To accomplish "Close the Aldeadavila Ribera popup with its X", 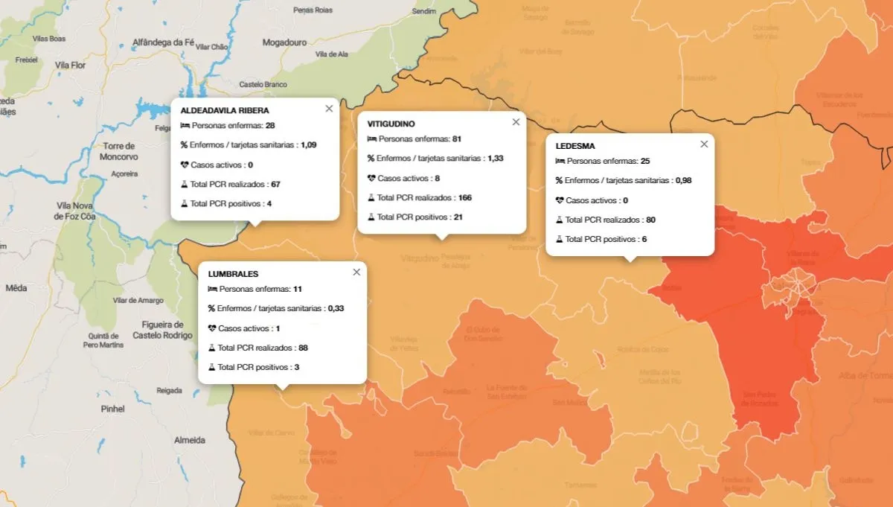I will (329, 109).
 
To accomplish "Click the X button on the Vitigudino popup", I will (516, 122).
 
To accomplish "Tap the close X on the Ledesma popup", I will (704, 144).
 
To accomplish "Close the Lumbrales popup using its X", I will (356, 272).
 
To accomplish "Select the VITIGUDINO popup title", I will (391, 124).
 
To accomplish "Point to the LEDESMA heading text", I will (575, 146).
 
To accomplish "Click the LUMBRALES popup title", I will (233, 274).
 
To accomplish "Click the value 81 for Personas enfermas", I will (457, 139).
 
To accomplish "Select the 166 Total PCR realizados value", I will (466, 198).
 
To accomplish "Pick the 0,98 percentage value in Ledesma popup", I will (684, 181).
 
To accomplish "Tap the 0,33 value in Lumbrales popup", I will (336, 308).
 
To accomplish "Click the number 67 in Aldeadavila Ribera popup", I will (275, 184).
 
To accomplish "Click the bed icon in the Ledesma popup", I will (560, 161).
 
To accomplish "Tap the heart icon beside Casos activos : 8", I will (372, 179).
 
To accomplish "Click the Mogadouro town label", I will (284, 42).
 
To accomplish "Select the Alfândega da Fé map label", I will (163, 42).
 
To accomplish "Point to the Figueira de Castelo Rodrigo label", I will (158, 330).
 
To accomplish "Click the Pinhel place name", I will (113, 409).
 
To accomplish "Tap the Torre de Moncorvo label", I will (119, 151).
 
